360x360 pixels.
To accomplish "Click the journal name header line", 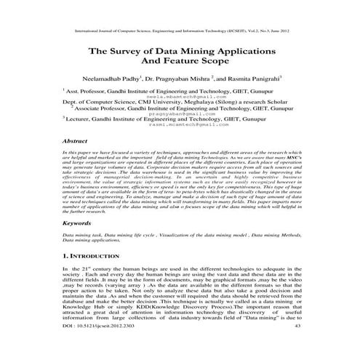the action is (180, 32).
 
